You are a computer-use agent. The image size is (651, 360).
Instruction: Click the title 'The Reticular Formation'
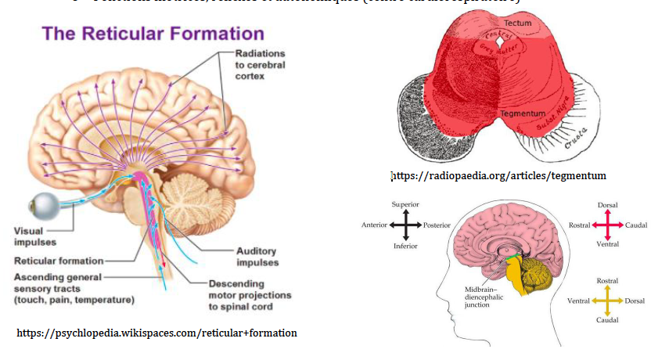[x=153, y=34]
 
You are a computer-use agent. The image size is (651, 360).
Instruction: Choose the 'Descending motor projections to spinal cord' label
[x=250, y=295]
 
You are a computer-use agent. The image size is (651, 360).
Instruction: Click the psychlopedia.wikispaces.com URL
[x=156, y=333]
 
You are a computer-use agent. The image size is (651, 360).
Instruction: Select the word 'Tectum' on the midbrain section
[x=517, y=24]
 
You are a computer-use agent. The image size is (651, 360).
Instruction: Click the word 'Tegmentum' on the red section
[x=518, y=114]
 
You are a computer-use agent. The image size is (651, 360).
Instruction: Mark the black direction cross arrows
[x=406, y=225]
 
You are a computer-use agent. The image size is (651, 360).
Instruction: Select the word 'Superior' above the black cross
[x=406, y=205]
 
